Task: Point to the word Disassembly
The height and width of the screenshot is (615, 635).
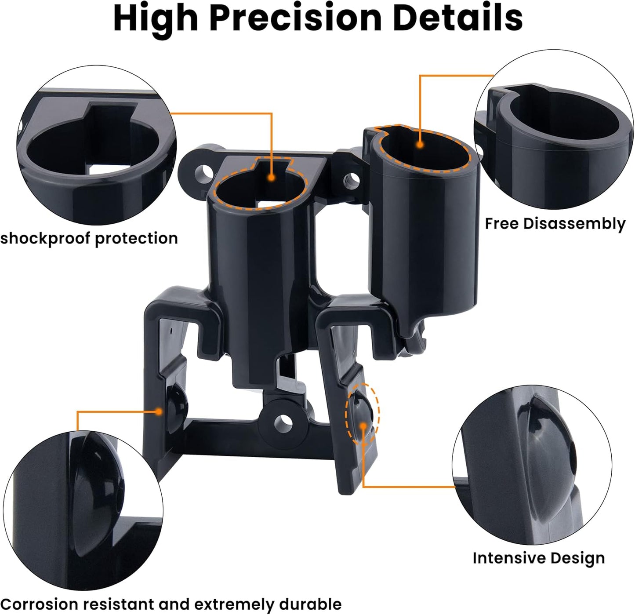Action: [x=574, y=224]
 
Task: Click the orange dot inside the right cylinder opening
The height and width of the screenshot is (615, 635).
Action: [x=421, y=144]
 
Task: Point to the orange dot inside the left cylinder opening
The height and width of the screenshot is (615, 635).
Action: [x=272, y=178]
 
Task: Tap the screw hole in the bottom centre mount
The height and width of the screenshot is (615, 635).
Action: [x=283, y=422]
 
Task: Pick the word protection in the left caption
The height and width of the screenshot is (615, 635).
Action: [x=136, y=239]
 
